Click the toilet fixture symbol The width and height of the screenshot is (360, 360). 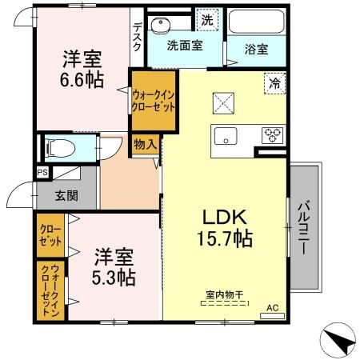point(60,148)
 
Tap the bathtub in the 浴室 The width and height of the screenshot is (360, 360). point(257,22)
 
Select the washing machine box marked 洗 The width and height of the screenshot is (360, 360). point(207,20)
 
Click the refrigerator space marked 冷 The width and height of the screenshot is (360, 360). point(274,83)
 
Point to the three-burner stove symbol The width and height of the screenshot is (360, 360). point(272,135)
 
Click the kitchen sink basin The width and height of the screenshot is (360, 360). point(226,136)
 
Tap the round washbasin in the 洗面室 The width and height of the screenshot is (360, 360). point(161,26)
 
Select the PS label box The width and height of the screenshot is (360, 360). point(42,172)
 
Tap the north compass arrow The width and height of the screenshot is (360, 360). point(339,340)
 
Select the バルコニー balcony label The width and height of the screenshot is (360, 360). point(304,227)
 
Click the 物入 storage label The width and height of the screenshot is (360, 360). point(145,145)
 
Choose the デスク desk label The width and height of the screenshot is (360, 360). point(138,37)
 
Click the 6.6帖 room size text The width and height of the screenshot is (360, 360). point(82,80)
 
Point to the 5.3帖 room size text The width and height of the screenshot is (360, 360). point(114,278)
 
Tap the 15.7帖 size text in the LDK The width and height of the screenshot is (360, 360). point(225,238)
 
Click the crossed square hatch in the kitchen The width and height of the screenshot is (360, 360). point(223,103)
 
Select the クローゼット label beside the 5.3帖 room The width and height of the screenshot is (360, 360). point(50,235)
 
